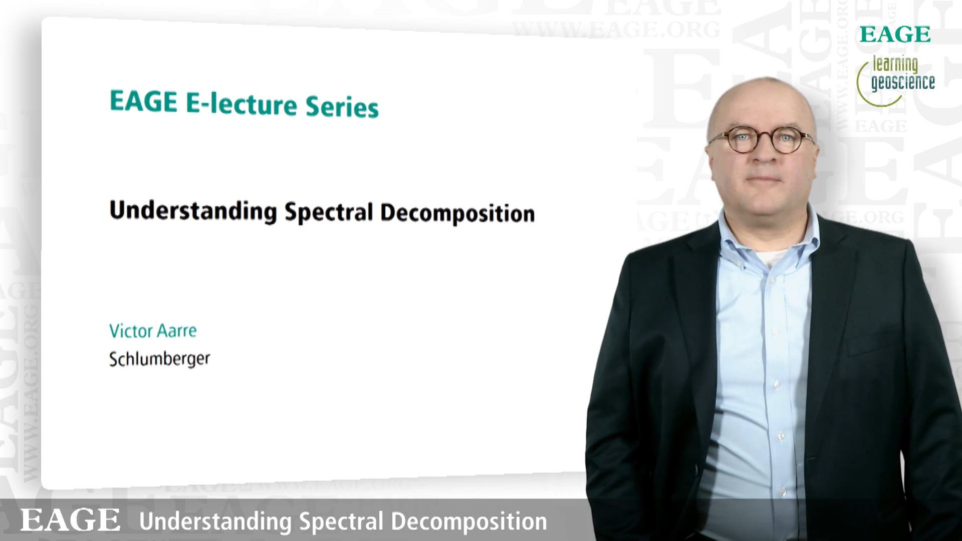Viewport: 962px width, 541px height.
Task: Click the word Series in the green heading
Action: pyautogui.click(x=342, y=107)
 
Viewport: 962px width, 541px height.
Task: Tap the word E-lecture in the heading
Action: pyautogui.click(x=242, y=104)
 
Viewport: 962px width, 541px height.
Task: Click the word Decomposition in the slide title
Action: pyautogui.click(x=457, y=213)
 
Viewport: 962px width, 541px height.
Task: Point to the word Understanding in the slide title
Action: pyautogui.click(x=193, y=211)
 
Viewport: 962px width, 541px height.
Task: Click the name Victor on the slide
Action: pyautogui.click(x=131, y=331)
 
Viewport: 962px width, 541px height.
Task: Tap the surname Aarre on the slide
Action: pyautogui.click(x=177, y=331)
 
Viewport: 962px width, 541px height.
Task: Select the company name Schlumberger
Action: pyautogui.click(x=160, y=359)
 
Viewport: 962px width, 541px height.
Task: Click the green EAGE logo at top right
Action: pyautogui.click(x=895, y=35)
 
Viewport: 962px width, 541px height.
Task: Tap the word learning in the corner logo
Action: pyautogui.click(x=895, y=65)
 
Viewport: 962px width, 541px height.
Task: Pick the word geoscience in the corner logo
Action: pyautogui.click(x=903, y=83)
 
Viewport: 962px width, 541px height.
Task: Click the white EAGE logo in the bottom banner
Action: pyautogui.click(x=70, y=519)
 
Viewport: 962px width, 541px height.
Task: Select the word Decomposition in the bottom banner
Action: pyautogui.click(x=469, y=521)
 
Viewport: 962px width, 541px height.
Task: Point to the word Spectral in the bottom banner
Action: pyautogui.click(x=341, y=521)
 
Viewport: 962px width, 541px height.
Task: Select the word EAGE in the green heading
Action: pyautogui.click(x=144, y=101)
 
